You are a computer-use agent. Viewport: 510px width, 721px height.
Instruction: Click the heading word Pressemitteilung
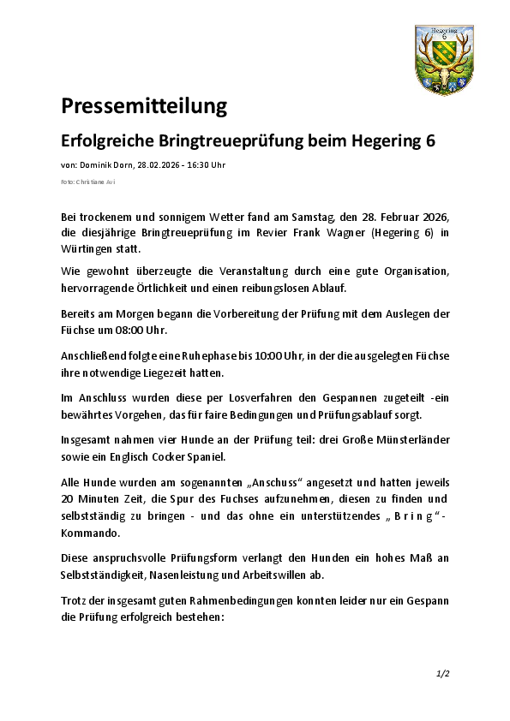point(143,106)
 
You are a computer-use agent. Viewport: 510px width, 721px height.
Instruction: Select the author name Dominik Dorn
point(106,164)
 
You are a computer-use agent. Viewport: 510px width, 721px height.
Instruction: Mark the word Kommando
point(89,532)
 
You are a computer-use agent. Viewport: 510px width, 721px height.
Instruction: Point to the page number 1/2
point(442,674)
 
